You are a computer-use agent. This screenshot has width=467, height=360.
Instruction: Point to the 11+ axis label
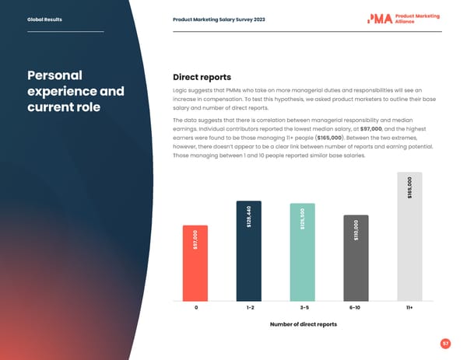tap(409, 308)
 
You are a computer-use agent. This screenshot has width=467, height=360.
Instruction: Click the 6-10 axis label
tap(356, 308)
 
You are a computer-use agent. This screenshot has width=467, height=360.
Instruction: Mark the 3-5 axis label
tap(303, 308)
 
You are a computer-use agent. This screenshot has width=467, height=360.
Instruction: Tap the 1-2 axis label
tap(249, 308)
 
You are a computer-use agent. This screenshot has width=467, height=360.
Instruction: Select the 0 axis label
tap(195, 308)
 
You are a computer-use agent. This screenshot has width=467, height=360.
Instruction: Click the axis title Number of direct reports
tap(303, 323)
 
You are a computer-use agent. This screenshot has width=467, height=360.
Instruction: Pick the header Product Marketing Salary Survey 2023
tap(219, 19)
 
